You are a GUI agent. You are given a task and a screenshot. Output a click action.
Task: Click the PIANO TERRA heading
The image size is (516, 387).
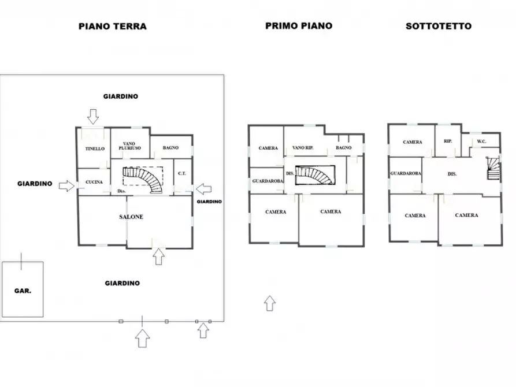(x=113, y=27)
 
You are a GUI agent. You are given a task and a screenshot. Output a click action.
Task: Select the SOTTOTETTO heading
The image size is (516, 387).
(x=439, y=26)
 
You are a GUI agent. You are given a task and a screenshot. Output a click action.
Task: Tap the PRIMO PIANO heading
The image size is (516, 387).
(x=299, y=25)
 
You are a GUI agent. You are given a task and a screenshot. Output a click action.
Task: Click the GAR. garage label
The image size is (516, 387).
(x=23, y=291)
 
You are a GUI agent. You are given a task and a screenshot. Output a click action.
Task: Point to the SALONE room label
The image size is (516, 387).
(x=131, y=217)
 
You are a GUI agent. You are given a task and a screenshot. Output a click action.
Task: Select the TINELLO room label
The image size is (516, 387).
(x=95, y=149)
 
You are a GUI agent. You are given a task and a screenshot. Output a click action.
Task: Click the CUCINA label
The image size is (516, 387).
(x=94, y=182)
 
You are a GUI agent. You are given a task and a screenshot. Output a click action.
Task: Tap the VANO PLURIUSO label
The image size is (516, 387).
(x=129, y=146)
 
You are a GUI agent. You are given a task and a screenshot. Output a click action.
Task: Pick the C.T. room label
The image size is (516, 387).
(x=182, y=173)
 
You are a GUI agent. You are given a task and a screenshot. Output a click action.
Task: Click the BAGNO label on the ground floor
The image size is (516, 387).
(x=170, y=148)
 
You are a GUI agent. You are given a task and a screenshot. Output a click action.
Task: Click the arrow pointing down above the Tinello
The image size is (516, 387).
(x=93, y=117)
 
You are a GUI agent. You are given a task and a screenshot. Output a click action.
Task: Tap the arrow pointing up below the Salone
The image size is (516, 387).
(x=159, y=256)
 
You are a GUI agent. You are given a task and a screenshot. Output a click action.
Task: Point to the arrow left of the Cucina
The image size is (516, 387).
(x=67, y=186)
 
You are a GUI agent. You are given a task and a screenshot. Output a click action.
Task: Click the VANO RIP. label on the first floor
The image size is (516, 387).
(x=303, y=148)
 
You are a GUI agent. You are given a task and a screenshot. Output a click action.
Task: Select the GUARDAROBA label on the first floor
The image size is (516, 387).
(x=268, y=181)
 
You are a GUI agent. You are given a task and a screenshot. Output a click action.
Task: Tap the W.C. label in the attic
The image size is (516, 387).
(x=481, y=142)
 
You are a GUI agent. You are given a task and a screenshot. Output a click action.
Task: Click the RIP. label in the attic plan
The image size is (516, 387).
(x=448, y=141)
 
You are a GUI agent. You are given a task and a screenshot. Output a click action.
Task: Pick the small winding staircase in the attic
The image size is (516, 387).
(x=493, y=168)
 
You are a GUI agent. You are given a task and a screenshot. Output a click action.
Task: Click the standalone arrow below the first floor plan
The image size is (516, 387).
(x=270, y=303)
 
